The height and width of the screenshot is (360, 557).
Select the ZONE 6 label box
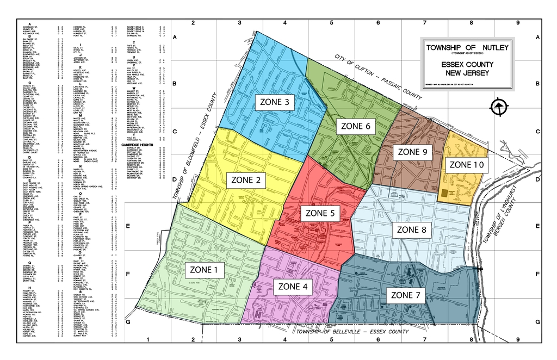point(356,126)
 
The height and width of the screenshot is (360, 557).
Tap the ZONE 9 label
point(412,152)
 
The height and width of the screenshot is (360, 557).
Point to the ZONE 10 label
point(466,164)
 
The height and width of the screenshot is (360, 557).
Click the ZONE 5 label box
point(323,213)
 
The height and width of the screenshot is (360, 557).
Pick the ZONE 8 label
point(415,229)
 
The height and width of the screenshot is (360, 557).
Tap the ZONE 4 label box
point(292,287)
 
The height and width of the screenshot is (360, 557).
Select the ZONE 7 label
point(406,295)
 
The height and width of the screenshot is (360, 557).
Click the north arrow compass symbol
point(498,108)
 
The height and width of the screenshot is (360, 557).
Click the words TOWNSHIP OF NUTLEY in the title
point(467,48)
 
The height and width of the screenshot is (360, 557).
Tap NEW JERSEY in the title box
point(467,73)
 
